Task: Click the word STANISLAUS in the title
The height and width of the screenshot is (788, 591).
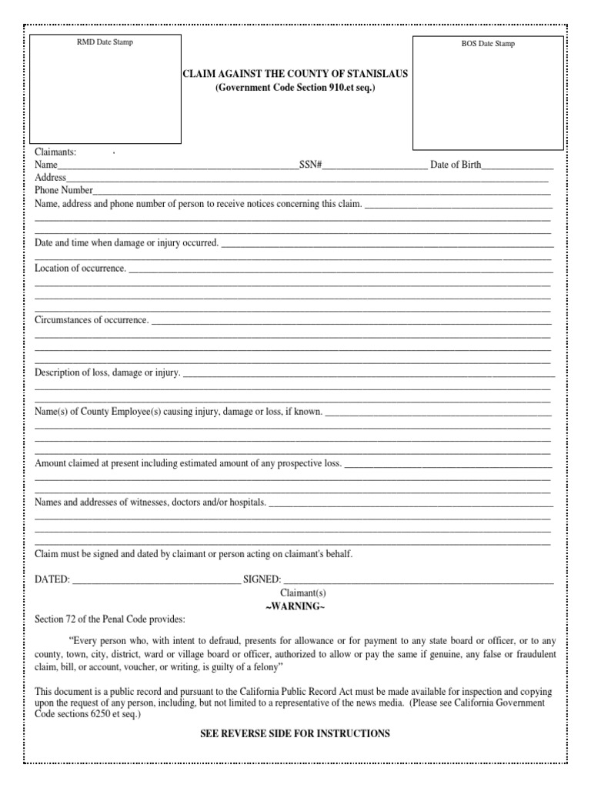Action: click(x=378, y=75)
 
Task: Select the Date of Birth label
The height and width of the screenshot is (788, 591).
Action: click(x=456, y=165)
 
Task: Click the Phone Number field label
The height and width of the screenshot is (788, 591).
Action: click(x=64, y=190)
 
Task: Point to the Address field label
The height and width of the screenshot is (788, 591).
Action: click(x=51, y=177)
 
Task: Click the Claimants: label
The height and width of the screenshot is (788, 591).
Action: click(x=55, y=152)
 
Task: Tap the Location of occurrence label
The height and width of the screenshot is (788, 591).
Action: click(x=81, y=268)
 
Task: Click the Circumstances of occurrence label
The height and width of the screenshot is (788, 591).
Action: click(x=92, y=319)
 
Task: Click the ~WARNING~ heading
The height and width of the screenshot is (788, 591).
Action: click(x=295, y=607)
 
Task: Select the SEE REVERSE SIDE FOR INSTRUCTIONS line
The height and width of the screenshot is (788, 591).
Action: click(x=295, y=734)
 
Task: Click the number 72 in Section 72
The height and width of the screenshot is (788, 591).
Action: click(x=70, y=619)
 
